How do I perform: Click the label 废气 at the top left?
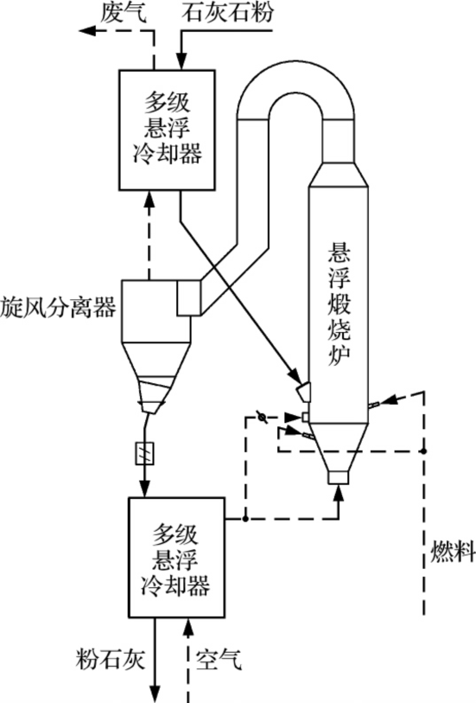127,11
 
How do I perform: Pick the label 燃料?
453,554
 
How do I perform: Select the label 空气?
223,658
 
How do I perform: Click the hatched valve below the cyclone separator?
144,452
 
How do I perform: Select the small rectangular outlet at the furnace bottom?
337,475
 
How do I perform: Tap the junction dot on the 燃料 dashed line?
422,450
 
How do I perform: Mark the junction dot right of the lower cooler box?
246,520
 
